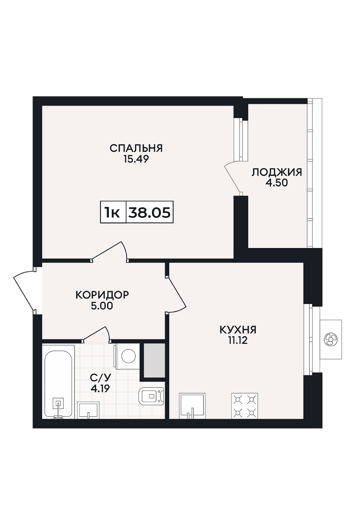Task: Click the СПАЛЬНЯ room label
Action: pos(136,148)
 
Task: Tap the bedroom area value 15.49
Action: pos(136,159)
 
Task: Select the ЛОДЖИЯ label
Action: pos(277,172)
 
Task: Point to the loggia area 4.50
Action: pos(276,183)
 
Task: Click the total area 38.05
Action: pos(149,212)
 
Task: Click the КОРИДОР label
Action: pos(102,295)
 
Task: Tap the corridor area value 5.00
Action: pos(102,306)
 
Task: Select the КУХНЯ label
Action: pos(238,330)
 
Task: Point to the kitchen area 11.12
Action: pos(238,341)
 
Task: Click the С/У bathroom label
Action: pos(100,377)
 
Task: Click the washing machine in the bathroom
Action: pos(128,357)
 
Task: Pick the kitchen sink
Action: pos(192,406)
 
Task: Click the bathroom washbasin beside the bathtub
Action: pos(88,410)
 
